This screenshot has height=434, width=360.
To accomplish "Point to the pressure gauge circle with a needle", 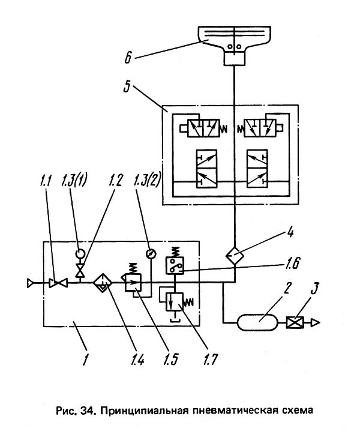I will [152, 254].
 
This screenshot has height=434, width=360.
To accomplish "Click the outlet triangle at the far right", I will [314, 324].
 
